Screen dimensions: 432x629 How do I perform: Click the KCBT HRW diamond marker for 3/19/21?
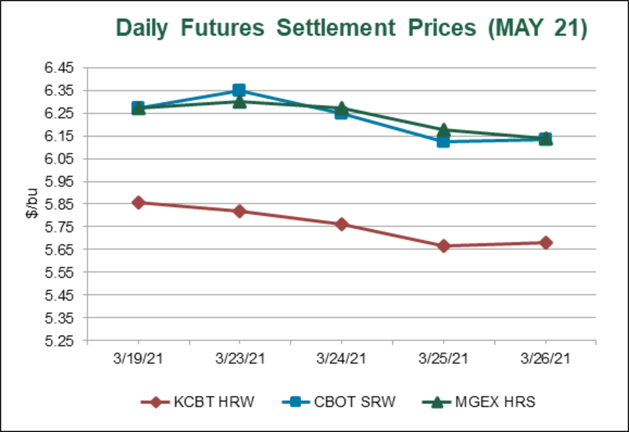[x=137, y=203]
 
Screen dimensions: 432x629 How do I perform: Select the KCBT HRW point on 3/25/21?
[x=444, y=246]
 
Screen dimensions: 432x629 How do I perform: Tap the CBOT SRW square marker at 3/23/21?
[x=239, y=90]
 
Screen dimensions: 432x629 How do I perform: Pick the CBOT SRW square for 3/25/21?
[x=444, y=140]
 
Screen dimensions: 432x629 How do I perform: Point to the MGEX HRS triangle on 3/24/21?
[x=342, y=108]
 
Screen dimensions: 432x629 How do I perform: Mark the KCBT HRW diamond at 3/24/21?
[x=342, y=224]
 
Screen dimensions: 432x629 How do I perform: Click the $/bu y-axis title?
[x=32, y=204]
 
